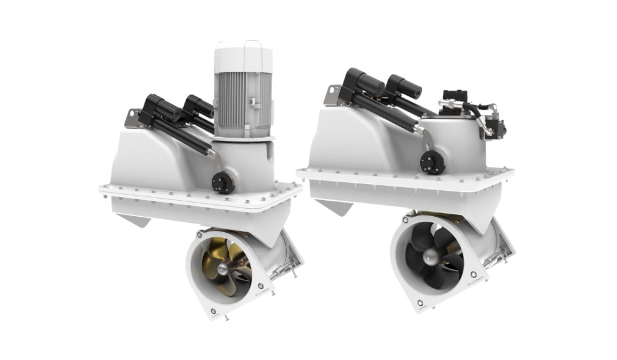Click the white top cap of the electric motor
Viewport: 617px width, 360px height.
243,57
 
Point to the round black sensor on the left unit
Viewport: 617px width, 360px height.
222,182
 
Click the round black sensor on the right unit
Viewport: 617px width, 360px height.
433,162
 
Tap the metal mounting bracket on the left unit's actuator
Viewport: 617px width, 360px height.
133,118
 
